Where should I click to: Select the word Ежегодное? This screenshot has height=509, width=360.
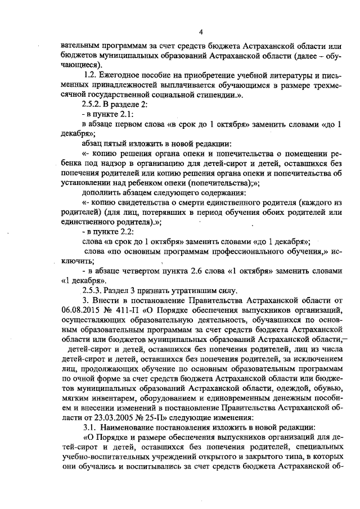coord(119,75)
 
